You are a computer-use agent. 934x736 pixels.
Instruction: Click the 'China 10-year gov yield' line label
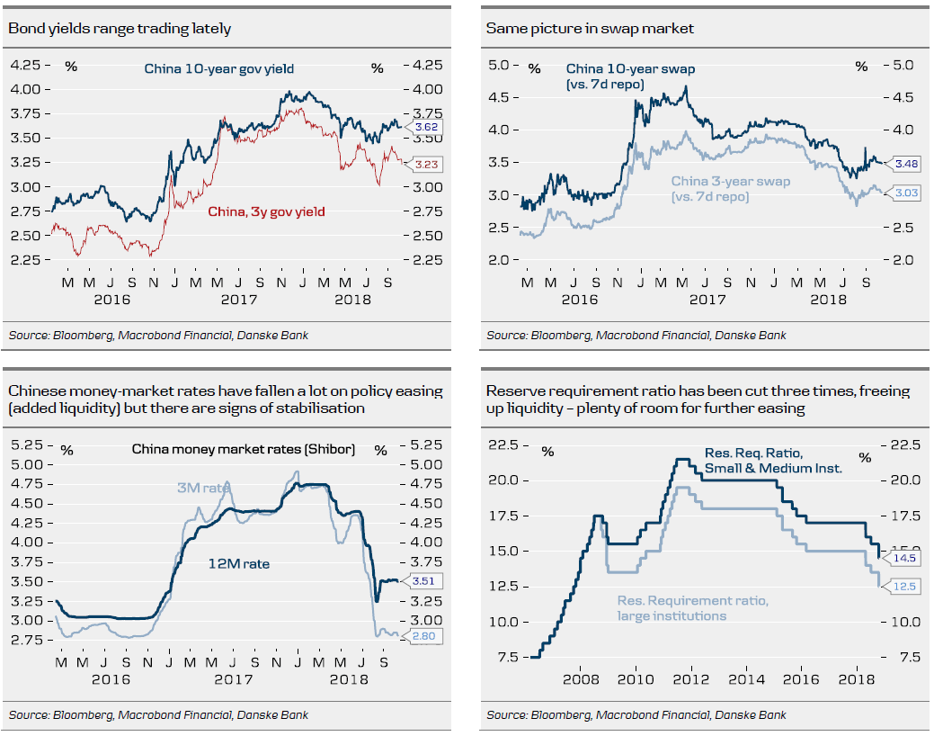tap(219, 68)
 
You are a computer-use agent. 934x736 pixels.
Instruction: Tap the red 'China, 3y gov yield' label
tap(266, 211)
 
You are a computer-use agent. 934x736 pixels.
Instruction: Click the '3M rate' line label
tap(204, 488)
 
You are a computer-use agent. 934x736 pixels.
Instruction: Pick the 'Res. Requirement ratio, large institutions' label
tap(693, 608)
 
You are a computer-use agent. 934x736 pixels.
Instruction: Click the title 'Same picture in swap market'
tap(590, 29)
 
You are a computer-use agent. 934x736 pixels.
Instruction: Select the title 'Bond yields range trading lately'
tap(120, 29)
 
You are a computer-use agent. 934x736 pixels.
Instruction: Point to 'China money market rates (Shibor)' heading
tap(243, 449)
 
